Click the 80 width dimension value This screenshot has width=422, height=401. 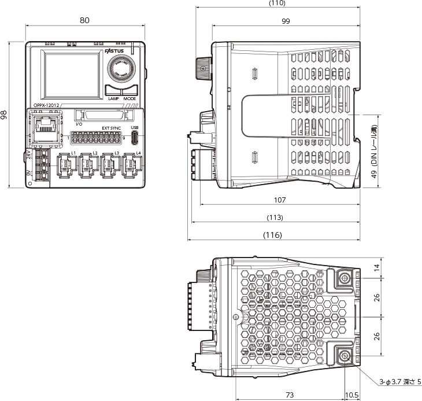click(84, 20)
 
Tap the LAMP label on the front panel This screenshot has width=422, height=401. click(113, 98)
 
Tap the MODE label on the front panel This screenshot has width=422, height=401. click(129, 98)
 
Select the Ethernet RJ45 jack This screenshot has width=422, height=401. click(44, 125)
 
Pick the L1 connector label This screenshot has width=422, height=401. click(73, 153)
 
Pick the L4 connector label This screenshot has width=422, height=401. click(138, 153)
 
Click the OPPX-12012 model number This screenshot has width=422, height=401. click(46, 106)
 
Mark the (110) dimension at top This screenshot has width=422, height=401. click(277, 3)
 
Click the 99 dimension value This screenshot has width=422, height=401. click(286, 21)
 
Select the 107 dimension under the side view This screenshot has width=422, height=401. click(280, 200)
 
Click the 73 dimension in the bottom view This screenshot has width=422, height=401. click(288, 395)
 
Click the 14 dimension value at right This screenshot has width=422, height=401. click(377, 267)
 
